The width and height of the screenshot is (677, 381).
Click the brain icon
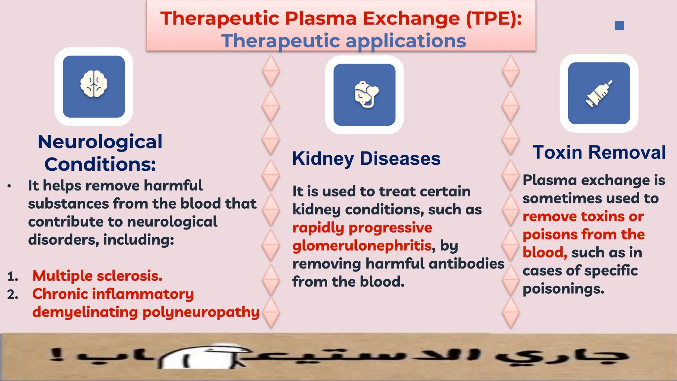coord(94,84)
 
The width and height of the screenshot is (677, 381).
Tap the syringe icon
coord(599,94)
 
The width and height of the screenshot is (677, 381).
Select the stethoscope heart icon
coord(366,95)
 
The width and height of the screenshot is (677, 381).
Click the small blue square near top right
coord(619,25)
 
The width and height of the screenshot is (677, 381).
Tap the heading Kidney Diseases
coord(366,158)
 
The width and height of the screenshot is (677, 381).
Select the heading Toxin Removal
coord(599,152)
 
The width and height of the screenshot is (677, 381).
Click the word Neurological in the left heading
coord(100,142)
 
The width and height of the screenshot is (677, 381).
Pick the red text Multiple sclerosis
coord(98,276)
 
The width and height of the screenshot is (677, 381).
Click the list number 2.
coord(12,294)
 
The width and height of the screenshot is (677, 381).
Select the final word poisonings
coord(563,289)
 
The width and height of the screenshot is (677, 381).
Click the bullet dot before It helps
coord(9,186)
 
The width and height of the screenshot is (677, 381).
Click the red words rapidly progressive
coord(362,228)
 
